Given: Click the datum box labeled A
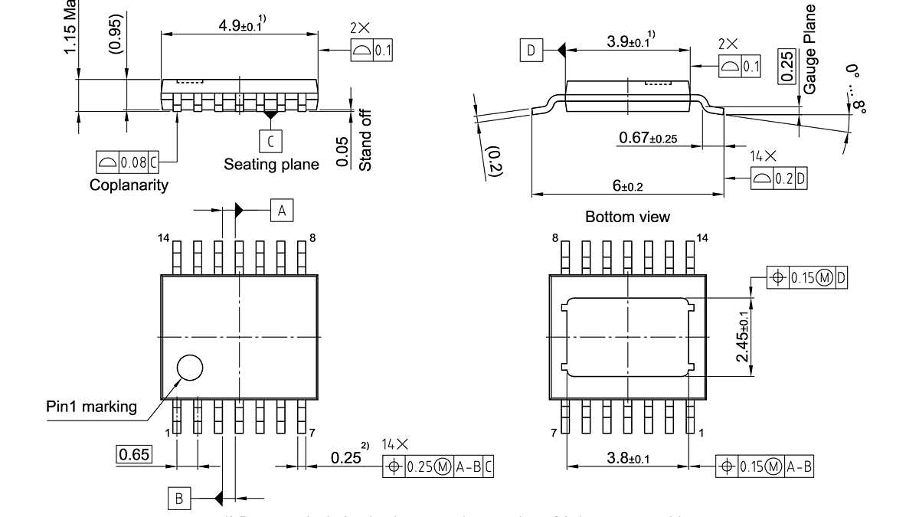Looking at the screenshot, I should (282, 210).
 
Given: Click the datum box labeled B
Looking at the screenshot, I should (179, 499).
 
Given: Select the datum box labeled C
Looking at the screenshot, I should (270, 141).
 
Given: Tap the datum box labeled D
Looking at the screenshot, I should (531, 51).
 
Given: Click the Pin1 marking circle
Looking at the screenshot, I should (189, 368).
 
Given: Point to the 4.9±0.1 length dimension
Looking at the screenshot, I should (240, 25).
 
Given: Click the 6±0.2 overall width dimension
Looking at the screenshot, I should (627, 186).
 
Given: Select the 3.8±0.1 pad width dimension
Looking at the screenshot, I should (628, 458).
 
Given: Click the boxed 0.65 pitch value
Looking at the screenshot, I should (134, 454).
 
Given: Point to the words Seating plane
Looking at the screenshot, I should (271, 164).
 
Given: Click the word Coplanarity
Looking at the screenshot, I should (129, 185).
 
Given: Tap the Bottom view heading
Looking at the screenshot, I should (627, 217).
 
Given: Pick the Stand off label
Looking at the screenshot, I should (365, 139).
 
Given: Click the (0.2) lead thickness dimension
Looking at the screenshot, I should (494, 162).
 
